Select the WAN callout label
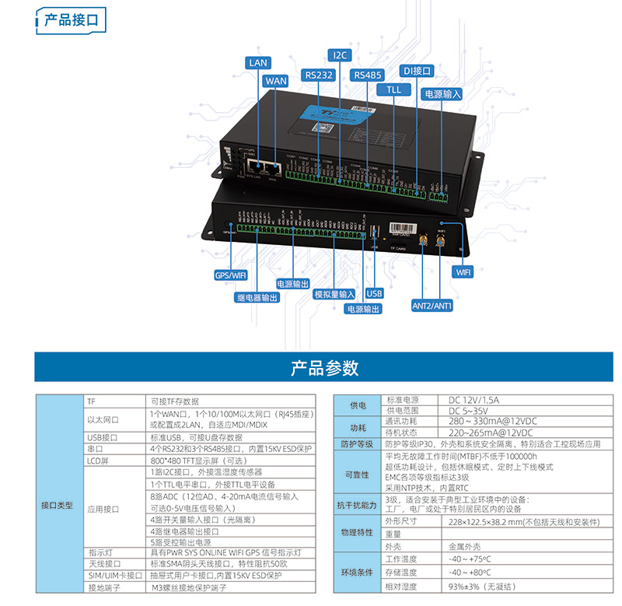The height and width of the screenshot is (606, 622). [x=275, y=80]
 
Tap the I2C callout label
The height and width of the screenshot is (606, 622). [x=341, y=55]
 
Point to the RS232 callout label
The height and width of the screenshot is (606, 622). [x=320, y=75]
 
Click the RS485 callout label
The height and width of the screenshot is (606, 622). [x=368, y=75]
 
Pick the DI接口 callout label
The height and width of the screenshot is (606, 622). [x=417, y=71]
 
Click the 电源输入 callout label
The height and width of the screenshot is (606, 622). [x=442, y=93]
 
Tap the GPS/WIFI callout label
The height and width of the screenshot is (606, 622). [x=230, y=275]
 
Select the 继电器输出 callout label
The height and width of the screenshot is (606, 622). [x=257, y=297]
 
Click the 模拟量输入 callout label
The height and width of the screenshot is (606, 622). [x=334, y=294]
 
